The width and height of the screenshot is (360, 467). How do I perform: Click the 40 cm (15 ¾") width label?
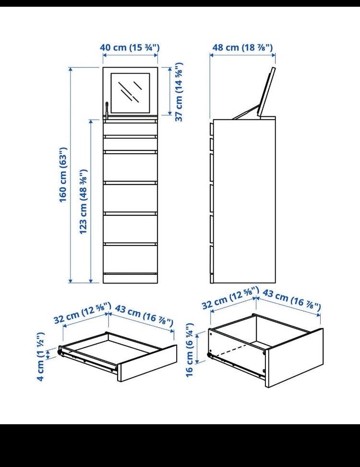[x=130, y=48]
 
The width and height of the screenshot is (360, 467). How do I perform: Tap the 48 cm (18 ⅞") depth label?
[x=242, y=48]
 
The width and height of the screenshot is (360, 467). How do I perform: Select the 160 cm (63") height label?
[x=63, y=174]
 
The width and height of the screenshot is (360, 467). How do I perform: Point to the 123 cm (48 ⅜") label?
[x=83, y=202]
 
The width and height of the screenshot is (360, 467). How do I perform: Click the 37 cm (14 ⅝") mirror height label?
[x=179, y=92]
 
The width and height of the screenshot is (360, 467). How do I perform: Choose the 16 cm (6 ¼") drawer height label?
[x=190, y=349]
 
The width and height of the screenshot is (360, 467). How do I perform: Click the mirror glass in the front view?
[x=130, y=93]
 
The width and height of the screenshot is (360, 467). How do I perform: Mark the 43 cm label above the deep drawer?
[x=291, y=300]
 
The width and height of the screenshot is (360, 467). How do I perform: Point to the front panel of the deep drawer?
[x=294, y=357]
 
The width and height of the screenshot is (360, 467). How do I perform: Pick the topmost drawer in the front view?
[x=130, y=129]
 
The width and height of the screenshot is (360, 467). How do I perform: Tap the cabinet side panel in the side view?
[x=244, y=201]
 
